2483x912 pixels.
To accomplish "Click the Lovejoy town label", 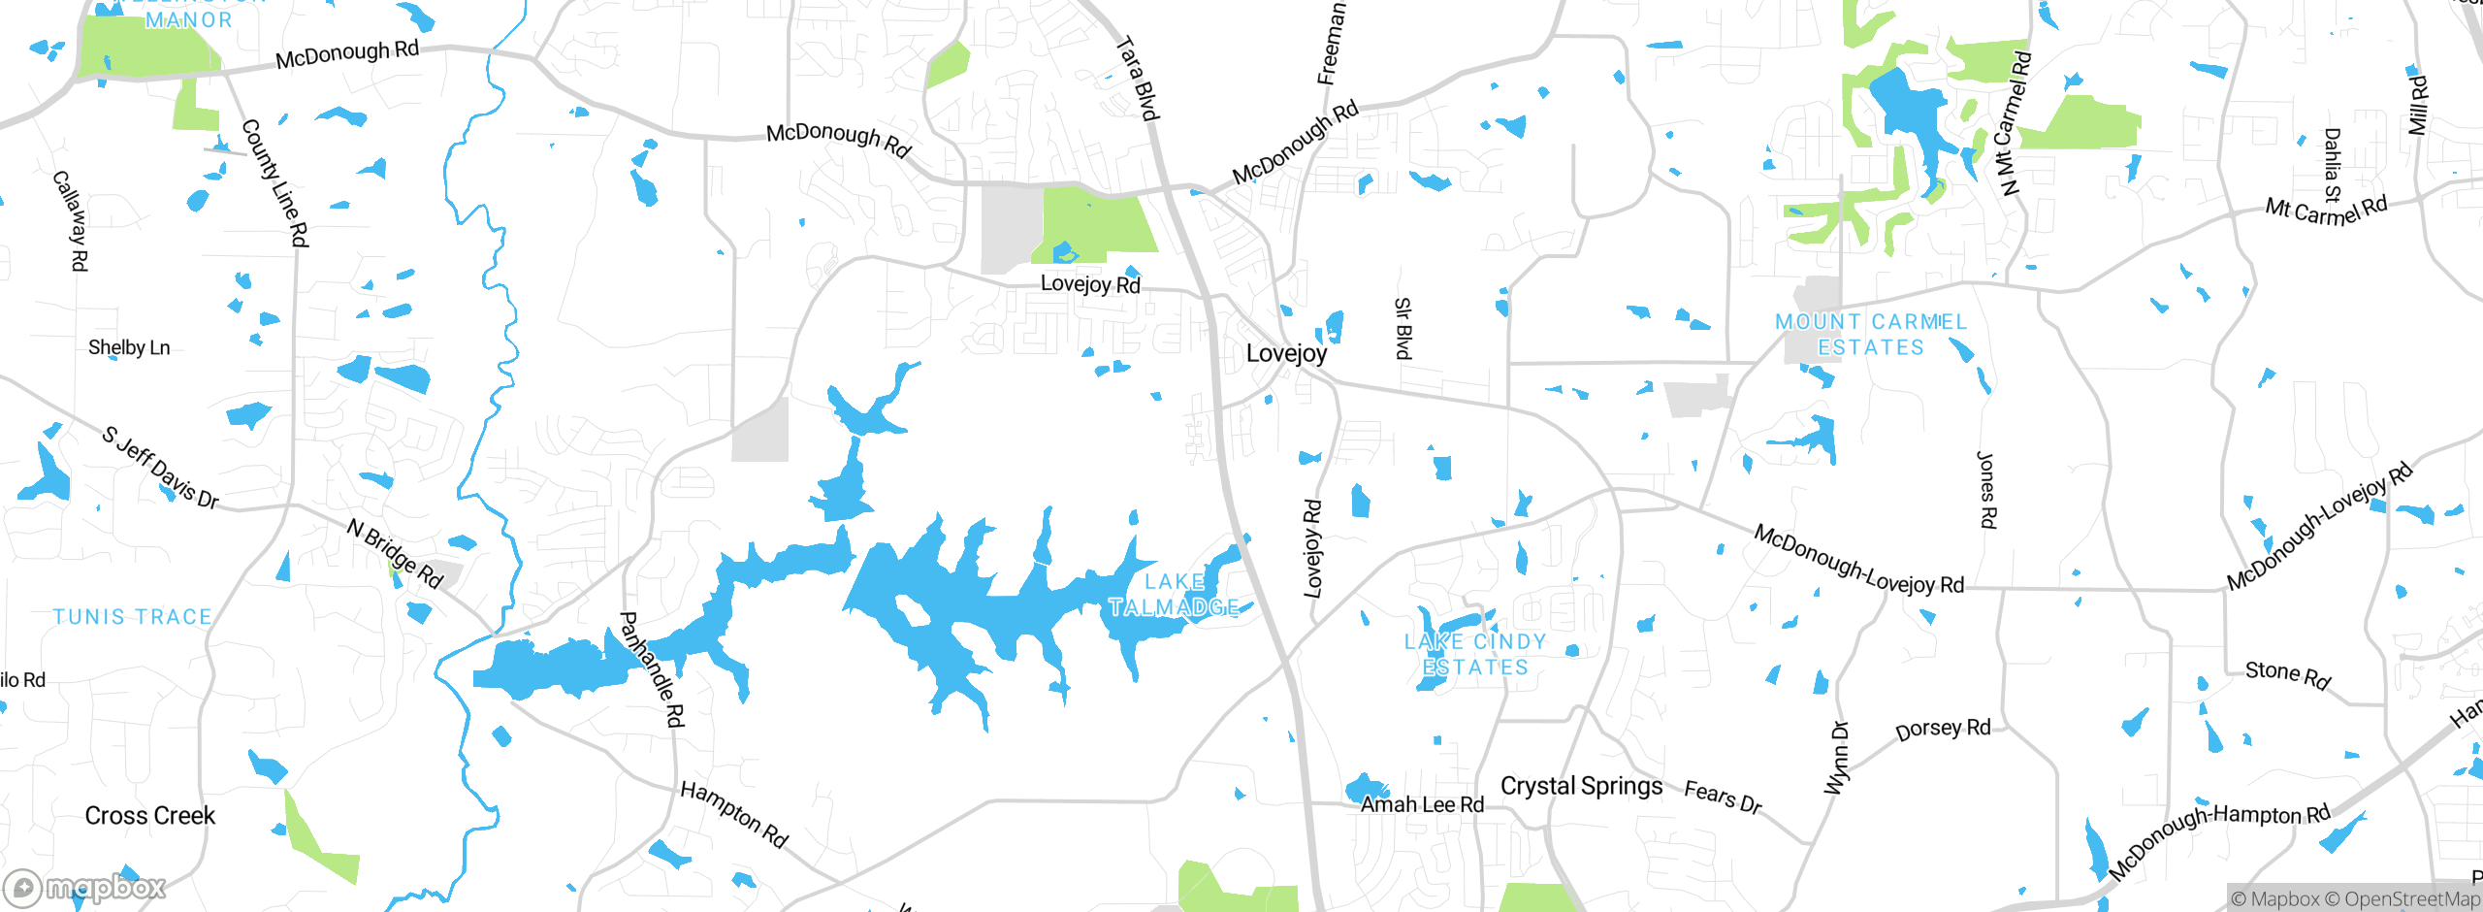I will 1286,353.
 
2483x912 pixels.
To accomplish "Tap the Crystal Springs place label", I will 1581,786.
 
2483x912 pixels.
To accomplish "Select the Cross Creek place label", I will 150,816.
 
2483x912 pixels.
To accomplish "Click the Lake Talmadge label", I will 1174,595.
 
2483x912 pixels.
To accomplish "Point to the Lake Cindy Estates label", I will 1475,655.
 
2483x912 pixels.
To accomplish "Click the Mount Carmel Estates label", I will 1871,335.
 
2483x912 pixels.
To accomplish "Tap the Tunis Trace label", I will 133,617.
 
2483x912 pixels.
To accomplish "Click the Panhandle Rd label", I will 652,669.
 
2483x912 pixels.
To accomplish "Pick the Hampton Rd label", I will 734,814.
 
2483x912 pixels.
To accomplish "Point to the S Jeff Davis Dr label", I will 161,467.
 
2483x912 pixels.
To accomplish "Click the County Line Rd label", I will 275,182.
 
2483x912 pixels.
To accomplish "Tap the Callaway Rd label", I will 71,220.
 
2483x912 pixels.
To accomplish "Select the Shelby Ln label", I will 129,347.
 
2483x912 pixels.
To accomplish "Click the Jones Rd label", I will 1986,490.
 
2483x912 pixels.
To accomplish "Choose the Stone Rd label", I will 2287,674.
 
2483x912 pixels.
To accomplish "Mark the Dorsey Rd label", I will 1943,729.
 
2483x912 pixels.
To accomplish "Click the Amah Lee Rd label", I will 1422,804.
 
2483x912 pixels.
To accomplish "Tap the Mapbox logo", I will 85,888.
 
